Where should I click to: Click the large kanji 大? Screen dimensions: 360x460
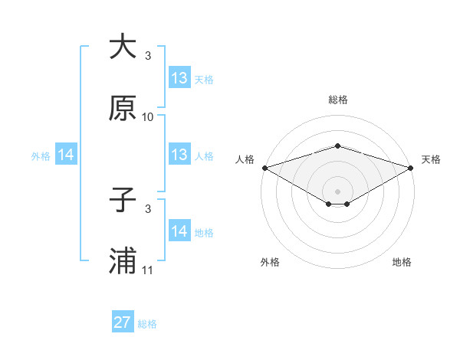click(x=123, y=47)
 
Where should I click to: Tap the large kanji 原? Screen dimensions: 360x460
click(x=123, y=108)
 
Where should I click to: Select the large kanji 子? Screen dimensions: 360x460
click(x=123, y=200)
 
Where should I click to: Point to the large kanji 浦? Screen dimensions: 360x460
click(x=123, y=261)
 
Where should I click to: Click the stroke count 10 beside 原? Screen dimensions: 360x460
click(x=148, y=117)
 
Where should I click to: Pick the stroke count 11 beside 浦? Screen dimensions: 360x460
click(x=148, y=270)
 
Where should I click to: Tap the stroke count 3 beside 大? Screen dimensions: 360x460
click(x=148, y=56)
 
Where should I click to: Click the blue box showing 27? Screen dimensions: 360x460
click(x=123, y=322)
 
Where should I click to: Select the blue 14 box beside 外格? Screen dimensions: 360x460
click(x=66, y=155)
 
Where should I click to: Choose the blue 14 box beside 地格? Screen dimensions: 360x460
click(x=179, y=231)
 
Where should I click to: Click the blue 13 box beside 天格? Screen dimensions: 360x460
click(x=179, y=78)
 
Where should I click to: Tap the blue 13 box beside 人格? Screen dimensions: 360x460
click(x=179, y=155)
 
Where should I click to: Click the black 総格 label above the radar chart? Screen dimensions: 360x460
click(x=337, y=100)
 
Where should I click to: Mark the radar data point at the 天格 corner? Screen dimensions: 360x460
click(x=411, y=167)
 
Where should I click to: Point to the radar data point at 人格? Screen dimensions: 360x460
click(x=264, y=167)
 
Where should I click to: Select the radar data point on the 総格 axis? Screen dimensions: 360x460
click(x=337, y=146)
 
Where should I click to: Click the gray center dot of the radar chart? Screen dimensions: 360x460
click(x=337, y=191)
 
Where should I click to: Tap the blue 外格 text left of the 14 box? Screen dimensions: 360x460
click(x=41, y=155)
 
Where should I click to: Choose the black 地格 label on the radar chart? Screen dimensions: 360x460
click(x=402, y=263)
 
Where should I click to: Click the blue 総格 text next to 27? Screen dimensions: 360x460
click(x=148, y=324)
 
